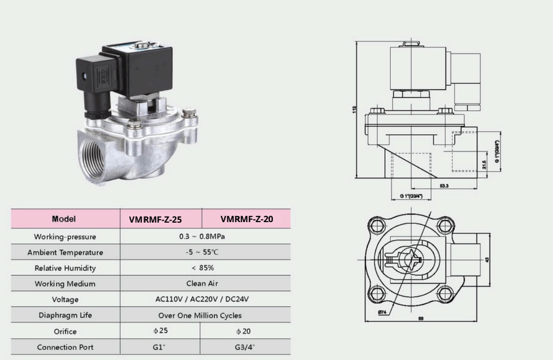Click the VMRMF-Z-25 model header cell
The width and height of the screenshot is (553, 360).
[x=155, y=219]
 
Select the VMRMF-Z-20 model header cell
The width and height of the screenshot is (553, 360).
[x=246, y=219]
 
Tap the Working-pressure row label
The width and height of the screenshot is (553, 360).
[x=65, y=237]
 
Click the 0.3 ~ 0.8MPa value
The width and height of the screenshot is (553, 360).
[x=202, y=236]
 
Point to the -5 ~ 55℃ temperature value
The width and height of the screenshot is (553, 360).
[x=202, y=252]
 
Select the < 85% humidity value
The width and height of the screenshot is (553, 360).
[x=202, y=268]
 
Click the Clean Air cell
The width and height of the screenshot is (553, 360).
[x=202, y=283]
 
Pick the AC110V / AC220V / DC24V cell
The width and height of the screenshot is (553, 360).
[x=202, y=299]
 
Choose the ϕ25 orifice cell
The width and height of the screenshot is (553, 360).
[x=160, y=331]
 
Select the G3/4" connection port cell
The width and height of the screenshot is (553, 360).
[x=245, y=347]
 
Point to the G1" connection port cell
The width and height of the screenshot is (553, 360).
[x=160, y=347]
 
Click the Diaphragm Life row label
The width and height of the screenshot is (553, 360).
[x=65, y=315]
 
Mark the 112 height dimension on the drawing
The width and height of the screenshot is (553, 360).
[x=354, y=109]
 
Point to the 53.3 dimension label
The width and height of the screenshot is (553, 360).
[x=444, y=186]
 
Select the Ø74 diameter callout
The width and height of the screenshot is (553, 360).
[x=382, y=312]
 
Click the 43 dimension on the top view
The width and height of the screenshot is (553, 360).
[x=488, y=259]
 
